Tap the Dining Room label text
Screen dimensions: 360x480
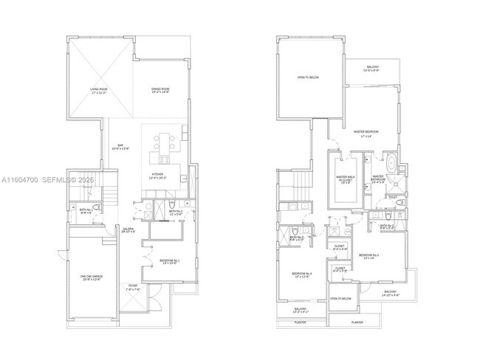[160, 91]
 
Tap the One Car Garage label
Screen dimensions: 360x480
[90, 278]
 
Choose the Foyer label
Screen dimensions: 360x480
[133, 288]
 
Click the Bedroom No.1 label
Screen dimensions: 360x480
[170, 261]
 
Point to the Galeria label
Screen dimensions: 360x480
[127, 231]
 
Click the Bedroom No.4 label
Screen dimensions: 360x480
[301, 274]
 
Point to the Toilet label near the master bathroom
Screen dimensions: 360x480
[392, 197]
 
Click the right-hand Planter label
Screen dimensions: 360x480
[357, 322]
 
